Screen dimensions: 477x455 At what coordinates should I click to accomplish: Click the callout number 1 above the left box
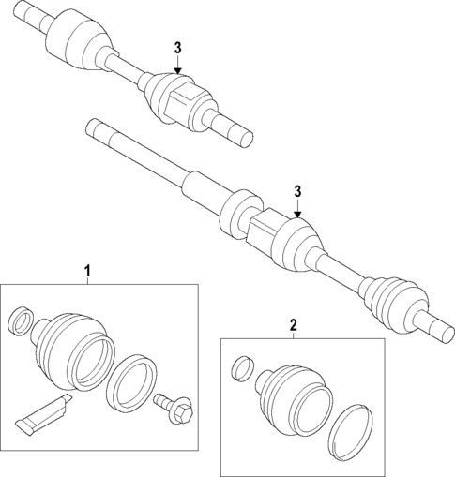pyautogui.click(x=87, y=272)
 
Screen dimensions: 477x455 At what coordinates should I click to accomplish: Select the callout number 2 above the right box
pyautogui.click(x=293, y=325)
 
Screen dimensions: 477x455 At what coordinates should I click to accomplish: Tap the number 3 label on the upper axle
pyautogui.click(x=177, y=49)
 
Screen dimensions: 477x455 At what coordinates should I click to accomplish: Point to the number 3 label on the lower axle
pyautogui.click(x=298, y=192)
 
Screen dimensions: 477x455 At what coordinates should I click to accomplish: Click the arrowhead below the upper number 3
pyautogui.click(x=177, y=67)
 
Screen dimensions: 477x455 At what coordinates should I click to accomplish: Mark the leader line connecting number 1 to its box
pyautogui.click(x=87, y=280)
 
